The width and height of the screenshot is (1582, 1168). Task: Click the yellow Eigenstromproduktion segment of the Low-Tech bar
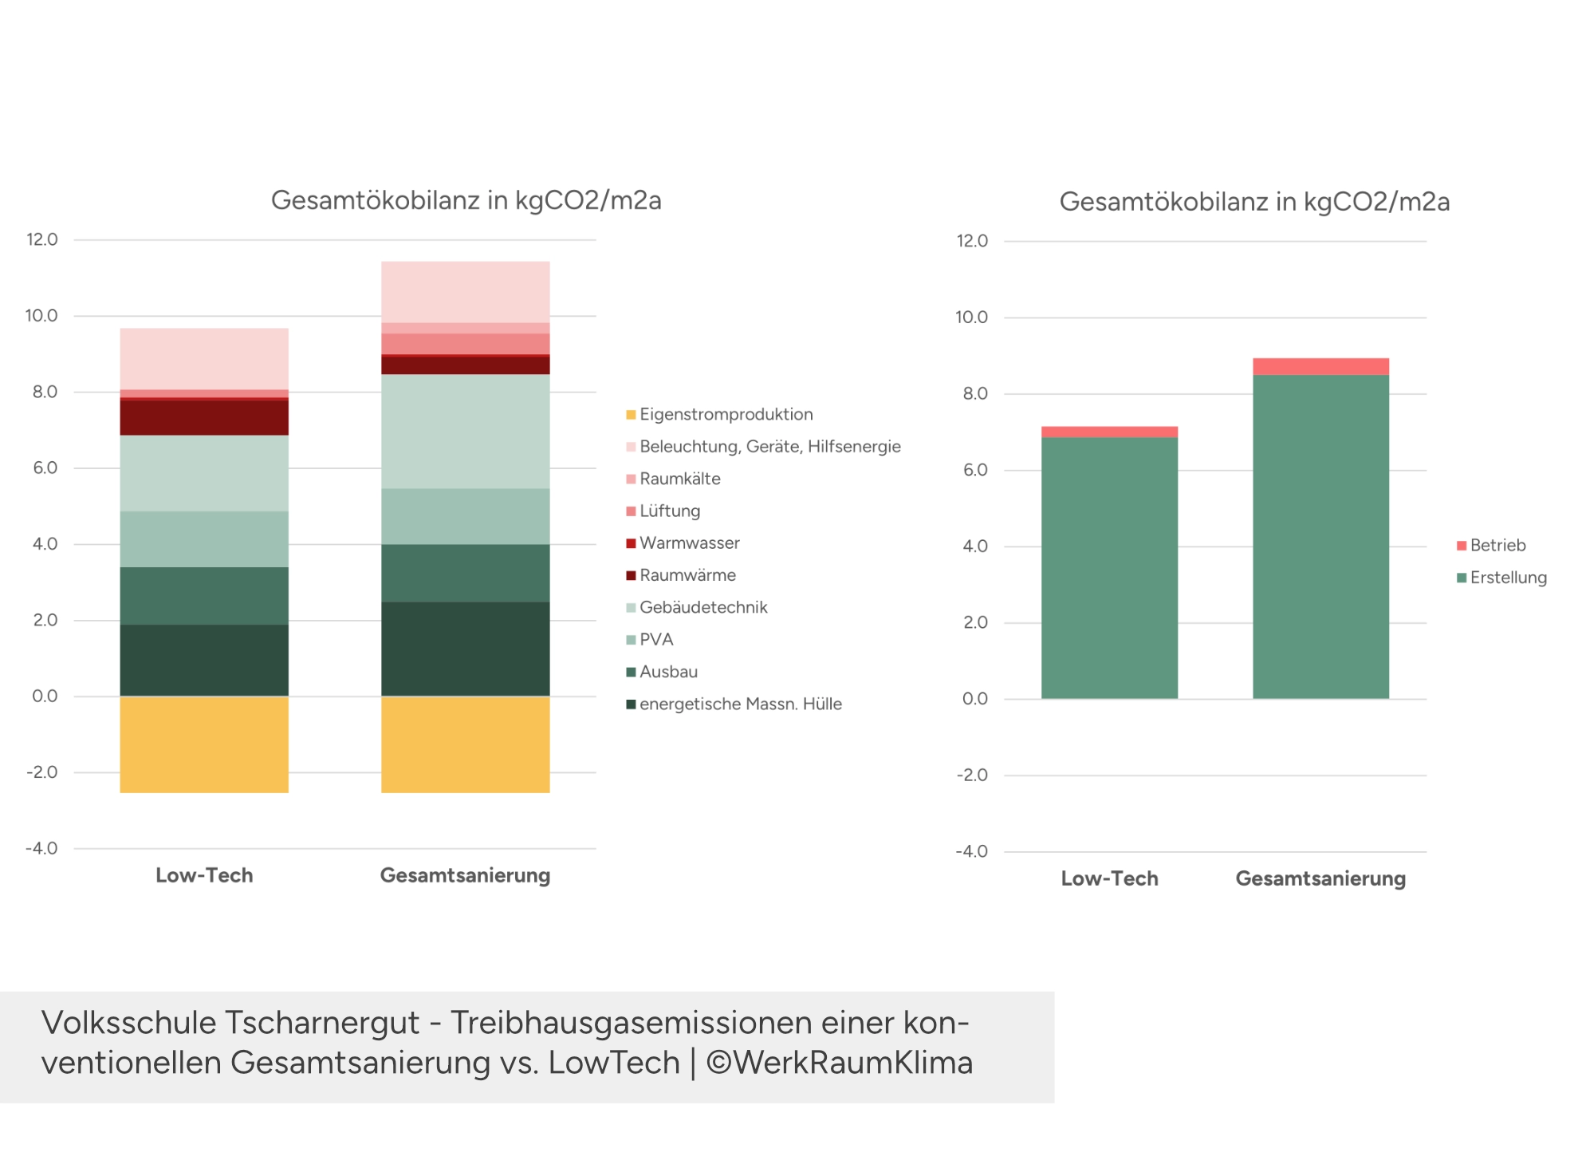click(x=204, y=744)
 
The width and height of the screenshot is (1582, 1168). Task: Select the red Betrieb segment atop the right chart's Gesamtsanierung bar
click(x=1320, y=366)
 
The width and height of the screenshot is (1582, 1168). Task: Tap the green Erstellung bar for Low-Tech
click(x=1109, y=567)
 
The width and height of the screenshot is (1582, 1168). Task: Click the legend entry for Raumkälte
click(x=679, y=479)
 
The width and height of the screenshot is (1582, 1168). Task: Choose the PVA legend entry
click(x=655, y=640)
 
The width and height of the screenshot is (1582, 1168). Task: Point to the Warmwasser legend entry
click(x=689, y=543)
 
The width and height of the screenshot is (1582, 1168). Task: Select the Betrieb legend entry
click(x=1497, y=546)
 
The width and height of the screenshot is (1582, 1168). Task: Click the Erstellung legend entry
click(x=1507, y=578)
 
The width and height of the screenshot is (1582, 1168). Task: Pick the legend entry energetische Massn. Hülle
click(x=740, y=704)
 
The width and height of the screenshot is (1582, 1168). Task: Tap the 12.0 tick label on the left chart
click(x=42, y=239)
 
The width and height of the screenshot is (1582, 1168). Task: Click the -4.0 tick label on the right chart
click(x=971, y=851)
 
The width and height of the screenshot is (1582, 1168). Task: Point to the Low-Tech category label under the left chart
click(x=204, y=875)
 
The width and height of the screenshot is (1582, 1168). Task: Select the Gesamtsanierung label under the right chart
click(x=1320, y=878)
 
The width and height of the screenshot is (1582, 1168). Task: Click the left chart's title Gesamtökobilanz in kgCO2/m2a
click(x=466, y=200)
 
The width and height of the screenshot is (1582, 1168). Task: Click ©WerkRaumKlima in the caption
click(x=839, y=1063)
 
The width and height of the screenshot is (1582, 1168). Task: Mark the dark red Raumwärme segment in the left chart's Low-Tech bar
click(x=204, y=417)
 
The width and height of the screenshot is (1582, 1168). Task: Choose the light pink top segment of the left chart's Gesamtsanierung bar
click(x=465, y=292)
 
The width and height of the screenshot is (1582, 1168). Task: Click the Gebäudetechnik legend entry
click(x=702, y=608)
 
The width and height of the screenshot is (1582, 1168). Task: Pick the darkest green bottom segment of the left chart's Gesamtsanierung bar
click(x=465, y=649)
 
